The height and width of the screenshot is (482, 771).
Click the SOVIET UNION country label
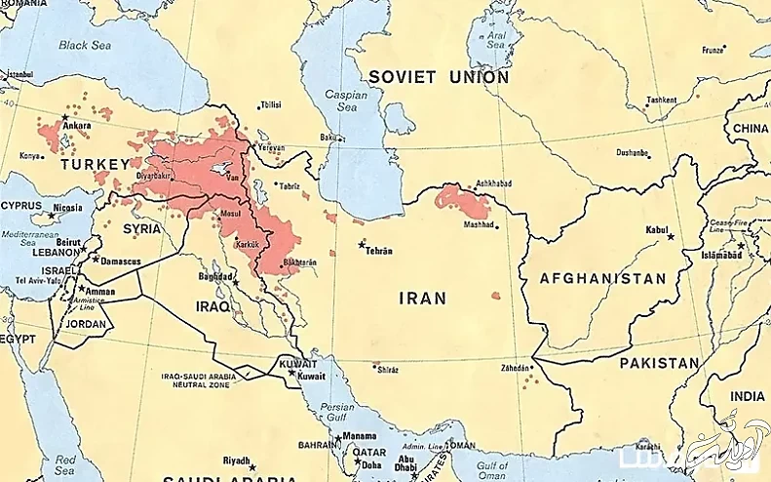tap(438, 76)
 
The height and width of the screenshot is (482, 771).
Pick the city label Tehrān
tap(378, 251)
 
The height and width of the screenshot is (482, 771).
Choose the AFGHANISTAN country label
tap(603, 278)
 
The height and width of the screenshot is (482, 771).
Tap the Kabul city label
tap(657, 229)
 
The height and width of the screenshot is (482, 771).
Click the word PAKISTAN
tap(660, 363)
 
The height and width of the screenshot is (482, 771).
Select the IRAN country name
tap(422, 299)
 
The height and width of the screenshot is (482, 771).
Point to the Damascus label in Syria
tap(120, 261)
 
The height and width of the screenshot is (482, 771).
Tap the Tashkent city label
tap(662, 100)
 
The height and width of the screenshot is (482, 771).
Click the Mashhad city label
tap(479, 224)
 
